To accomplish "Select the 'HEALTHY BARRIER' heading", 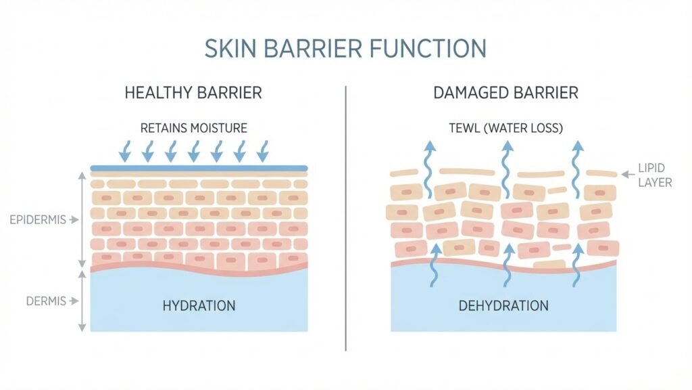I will pyautogui.click(x=193, y=93).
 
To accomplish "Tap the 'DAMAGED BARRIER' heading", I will pyautogui.click(x=506, y=93).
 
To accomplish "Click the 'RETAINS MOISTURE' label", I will pyautogui.click(x=193, y=127).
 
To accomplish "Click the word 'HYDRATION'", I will pyautogui.click(x=199, y=305).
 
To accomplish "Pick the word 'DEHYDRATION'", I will pyautogui.click(x=503, y=305).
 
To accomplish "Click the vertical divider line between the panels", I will pyautogui.click(x=346, y=217).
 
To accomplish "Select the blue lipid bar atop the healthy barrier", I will pyautogui.click(x=199, y=168).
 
